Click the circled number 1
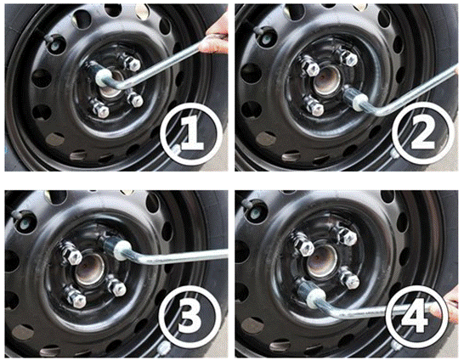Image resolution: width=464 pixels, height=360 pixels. click(191, 133)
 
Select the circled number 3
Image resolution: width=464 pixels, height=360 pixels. click(190, 318)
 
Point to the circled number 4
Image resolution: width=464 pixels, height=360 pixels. click(416, 316)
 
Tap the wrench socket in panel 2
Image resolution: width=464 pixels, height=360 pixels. click(355, 100)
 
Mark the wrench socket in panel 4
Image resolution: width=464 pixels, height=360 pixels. click(311, 293)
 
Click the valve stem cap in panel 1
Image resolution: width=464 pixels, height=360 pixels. click(52, 41)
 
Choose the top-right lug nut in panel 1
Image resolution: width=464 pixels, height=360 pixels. click(133, 63)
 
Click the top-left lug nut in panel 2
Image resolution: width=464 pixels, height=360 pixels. click(311, 69)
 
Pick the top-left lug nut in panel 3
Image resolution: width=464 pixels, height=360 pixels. click(72, 255)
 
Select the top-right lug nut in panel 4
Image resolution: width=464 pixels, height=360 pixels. click(348, 236)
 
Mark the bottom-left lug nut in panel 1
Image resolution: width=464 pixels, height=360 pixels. click(100, 110)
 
